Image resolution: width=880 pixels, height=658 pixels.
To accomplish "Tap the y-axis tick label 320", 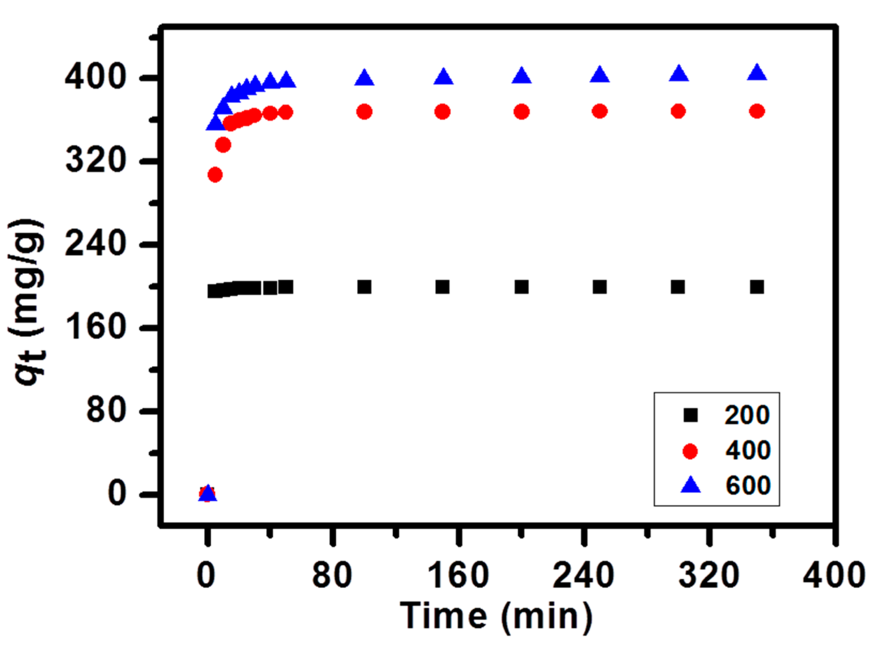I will tap(95, 161).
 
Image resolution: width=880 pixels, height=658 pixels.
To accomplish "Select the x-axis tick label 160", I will tap(458, 576).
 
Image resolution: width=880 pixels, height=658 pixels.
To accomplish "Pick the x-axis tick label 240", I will tap(583, 576).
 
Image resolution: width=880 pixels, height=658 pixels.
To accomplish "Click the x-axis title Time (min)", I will tap(496, 616).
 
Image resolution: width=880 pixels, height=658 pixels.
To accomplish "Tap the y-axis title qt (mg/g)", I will tap(27, 302).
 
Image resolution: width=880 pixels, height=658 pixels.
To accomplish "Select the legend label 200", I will tap(747, 415).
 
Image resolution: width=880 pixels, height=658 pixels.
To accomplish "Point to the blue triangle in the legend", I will tap(690, 486).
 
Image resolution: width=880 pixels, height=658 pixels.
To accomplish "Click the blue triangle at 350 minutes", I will tap(757, 73).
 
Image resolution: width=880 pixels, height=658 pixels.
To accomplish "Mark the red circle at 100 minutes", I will tap(364, 112).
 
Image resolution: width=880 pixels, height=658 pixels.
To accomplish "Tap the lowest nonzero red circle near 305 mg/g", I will tap(215, 174).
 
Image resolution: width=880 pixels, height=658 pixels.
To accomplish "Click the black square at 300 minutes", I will tap(678, 287).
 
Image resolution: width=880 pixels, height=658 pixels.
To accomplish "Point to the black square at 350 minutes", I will tap(757, 287).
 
